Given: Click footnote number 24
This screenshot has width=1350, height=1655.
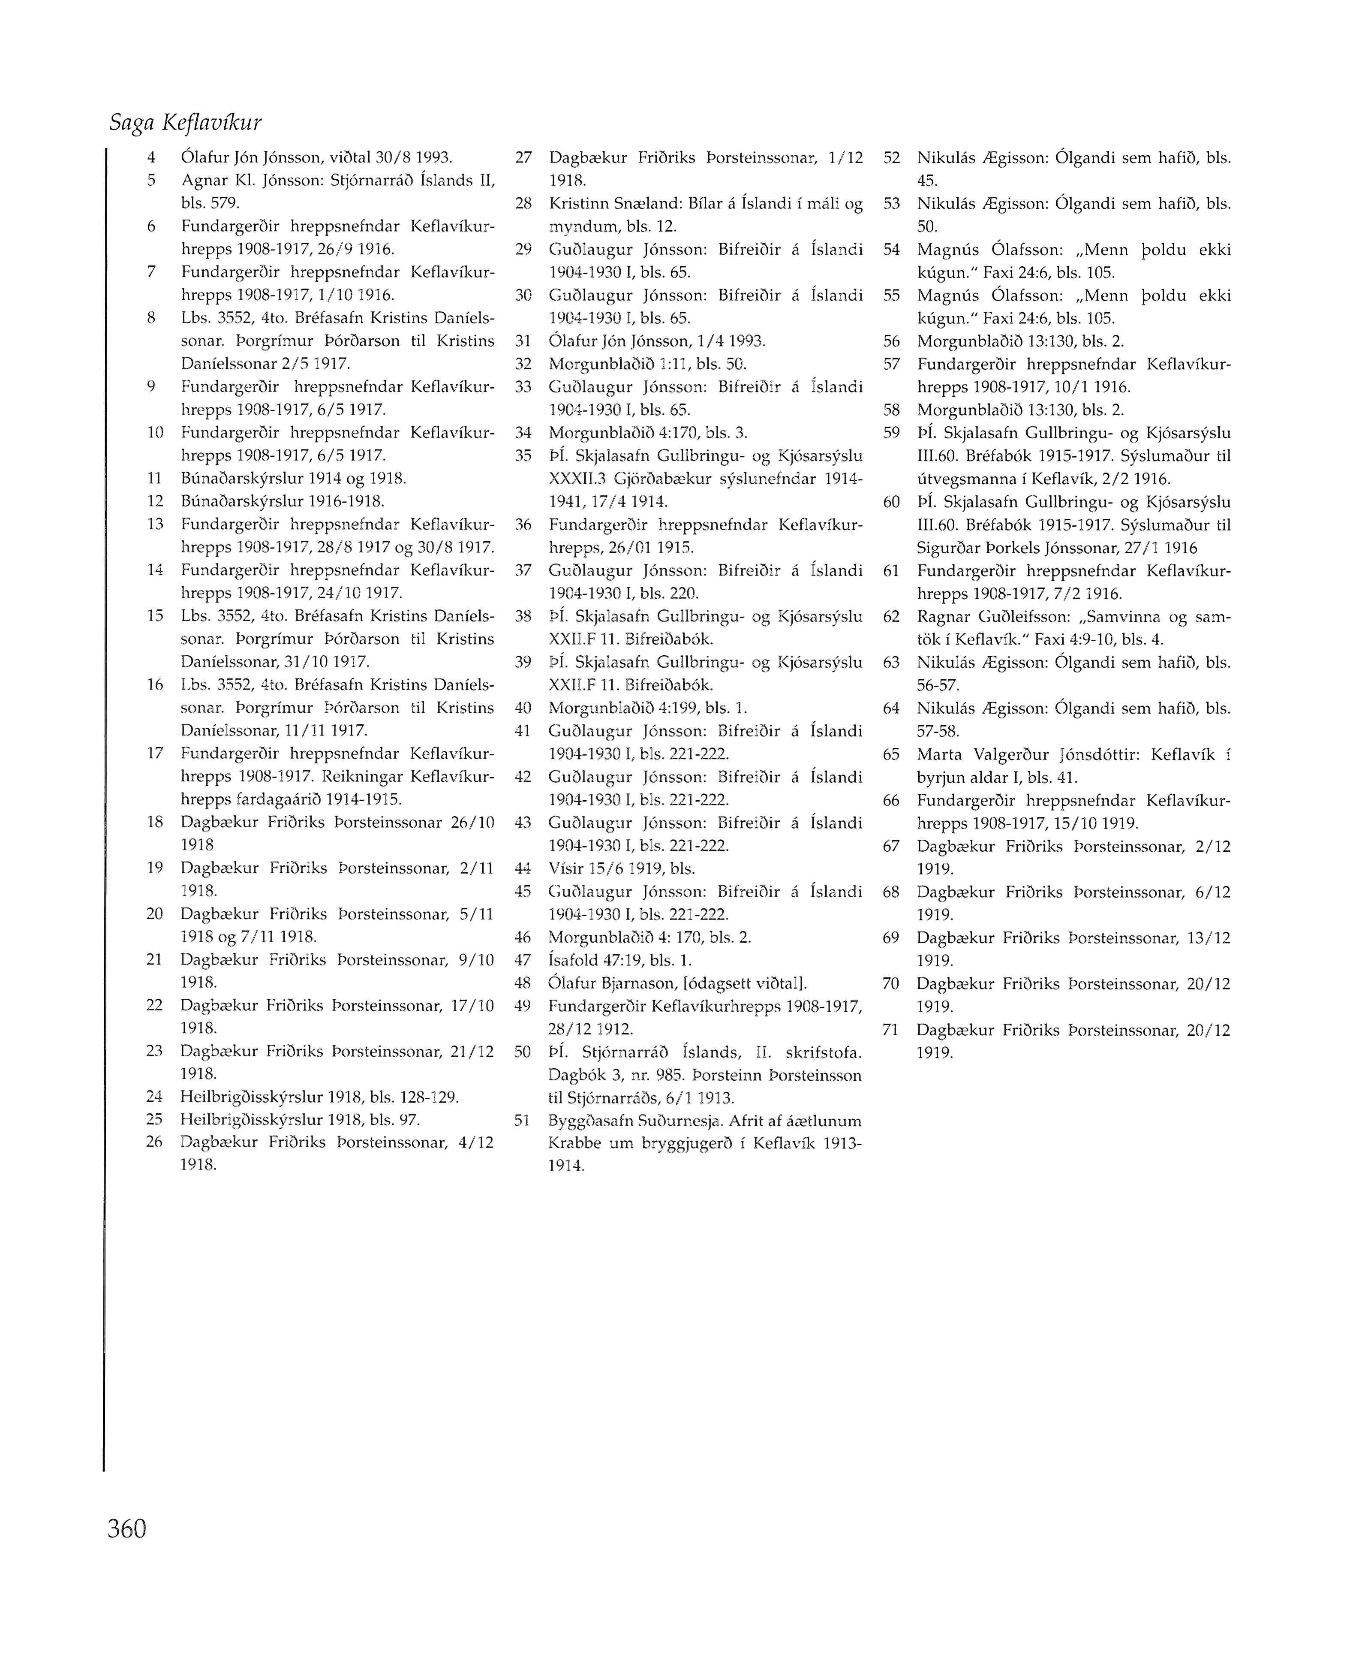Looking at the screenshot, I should pyautogui.click(x=154, y=1097).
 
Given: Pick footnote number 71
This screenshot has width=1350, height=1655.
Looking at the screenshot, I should pyautogui.click(x=891, y=1030).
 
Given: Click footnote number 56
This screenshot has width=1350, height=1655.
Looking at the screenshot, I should pyautogui.click(x=891, y=341).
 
